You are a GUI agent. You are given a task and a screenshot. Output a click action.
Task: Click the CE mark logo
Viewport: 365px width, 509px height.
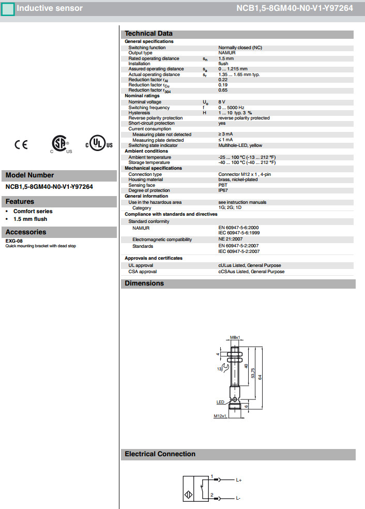(21, 145)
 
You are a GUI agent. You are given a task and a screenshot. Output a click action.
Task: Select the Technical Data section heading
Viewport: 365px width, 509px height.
(149, 34)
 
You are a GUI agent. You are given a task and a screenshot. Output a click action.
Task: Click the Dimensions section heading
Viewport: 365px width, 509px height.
(144, 283)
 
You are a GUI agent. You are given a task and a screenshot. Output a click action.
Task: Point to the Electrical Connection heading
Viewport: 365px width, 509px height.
(160, 454)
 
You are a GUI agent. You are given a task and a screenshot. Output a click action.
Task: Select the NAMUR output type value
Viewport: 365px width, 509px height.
(227, 53)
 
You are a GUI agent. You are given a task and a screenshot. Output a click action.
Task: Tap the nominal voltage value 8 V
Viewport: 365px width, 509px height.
(222, 102)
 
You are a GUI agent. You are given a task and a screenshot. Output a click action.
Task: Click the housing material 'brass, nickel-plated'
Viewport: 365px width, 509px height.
(238, 179)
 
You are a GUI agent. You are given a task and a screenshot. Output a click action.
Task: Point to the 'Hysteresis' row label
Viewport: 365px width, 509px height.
(139, 113)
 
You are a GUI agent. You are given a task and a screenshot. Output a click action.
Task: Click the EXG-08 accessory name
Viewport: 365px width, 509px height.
(14, 241)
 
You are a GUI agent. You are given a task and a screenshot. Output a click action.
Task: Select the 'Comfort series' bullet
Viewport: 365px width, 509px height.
(33, 211)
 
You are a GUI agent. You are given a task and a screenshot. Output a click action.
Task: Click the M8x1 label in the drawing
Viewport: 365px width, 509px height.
(235, 338)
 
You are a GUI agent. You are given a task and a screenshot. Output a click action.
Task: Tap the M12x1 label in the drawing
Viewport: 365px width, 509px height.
(220, 416)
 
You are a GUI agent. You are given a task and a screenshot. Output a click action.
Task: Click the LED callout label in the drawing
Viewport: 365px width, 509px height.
(220, 401)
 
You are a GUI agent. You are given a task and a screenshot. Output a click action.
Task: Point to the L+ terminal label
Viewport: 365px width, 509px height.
(239, 481)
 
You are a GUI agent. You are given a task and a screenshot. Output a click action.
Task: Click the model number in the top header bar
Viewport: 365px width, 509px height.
(295, 8)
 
